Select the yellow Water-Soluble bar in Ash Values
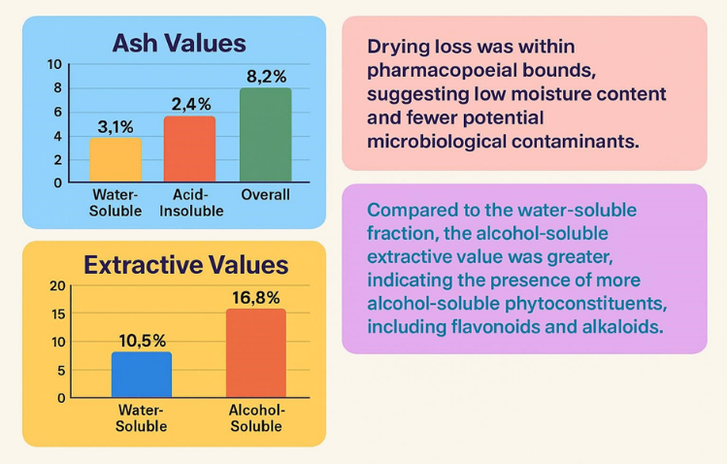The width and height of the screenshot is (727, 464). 116,159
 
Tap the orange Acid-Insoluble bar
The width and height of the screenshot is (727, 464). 189,149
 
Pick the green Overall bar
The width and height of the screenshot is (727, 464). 265,135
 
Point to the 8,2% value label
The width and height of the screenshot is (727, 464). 266,74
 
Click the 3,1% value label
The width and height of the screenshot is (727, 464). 116,125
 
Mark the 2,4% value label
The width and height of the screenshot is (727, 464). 190,103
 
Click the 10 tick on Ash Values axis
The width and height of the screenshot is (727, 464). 54,65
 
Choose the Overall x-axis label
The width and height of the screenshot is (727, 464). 265,195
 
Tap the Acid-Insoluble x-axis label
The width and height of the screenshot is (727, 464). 190,202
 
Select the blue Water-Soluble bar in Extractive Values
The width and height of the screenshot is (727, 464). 142,375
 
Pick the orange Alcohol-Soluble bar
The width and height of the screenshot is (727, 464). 256,353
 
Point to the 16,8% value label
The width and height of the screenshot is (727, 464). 257,296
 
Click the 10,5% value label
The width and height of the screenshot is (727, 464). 143,340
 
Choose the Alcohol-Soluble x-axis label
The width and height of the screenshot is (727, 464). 256,418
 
